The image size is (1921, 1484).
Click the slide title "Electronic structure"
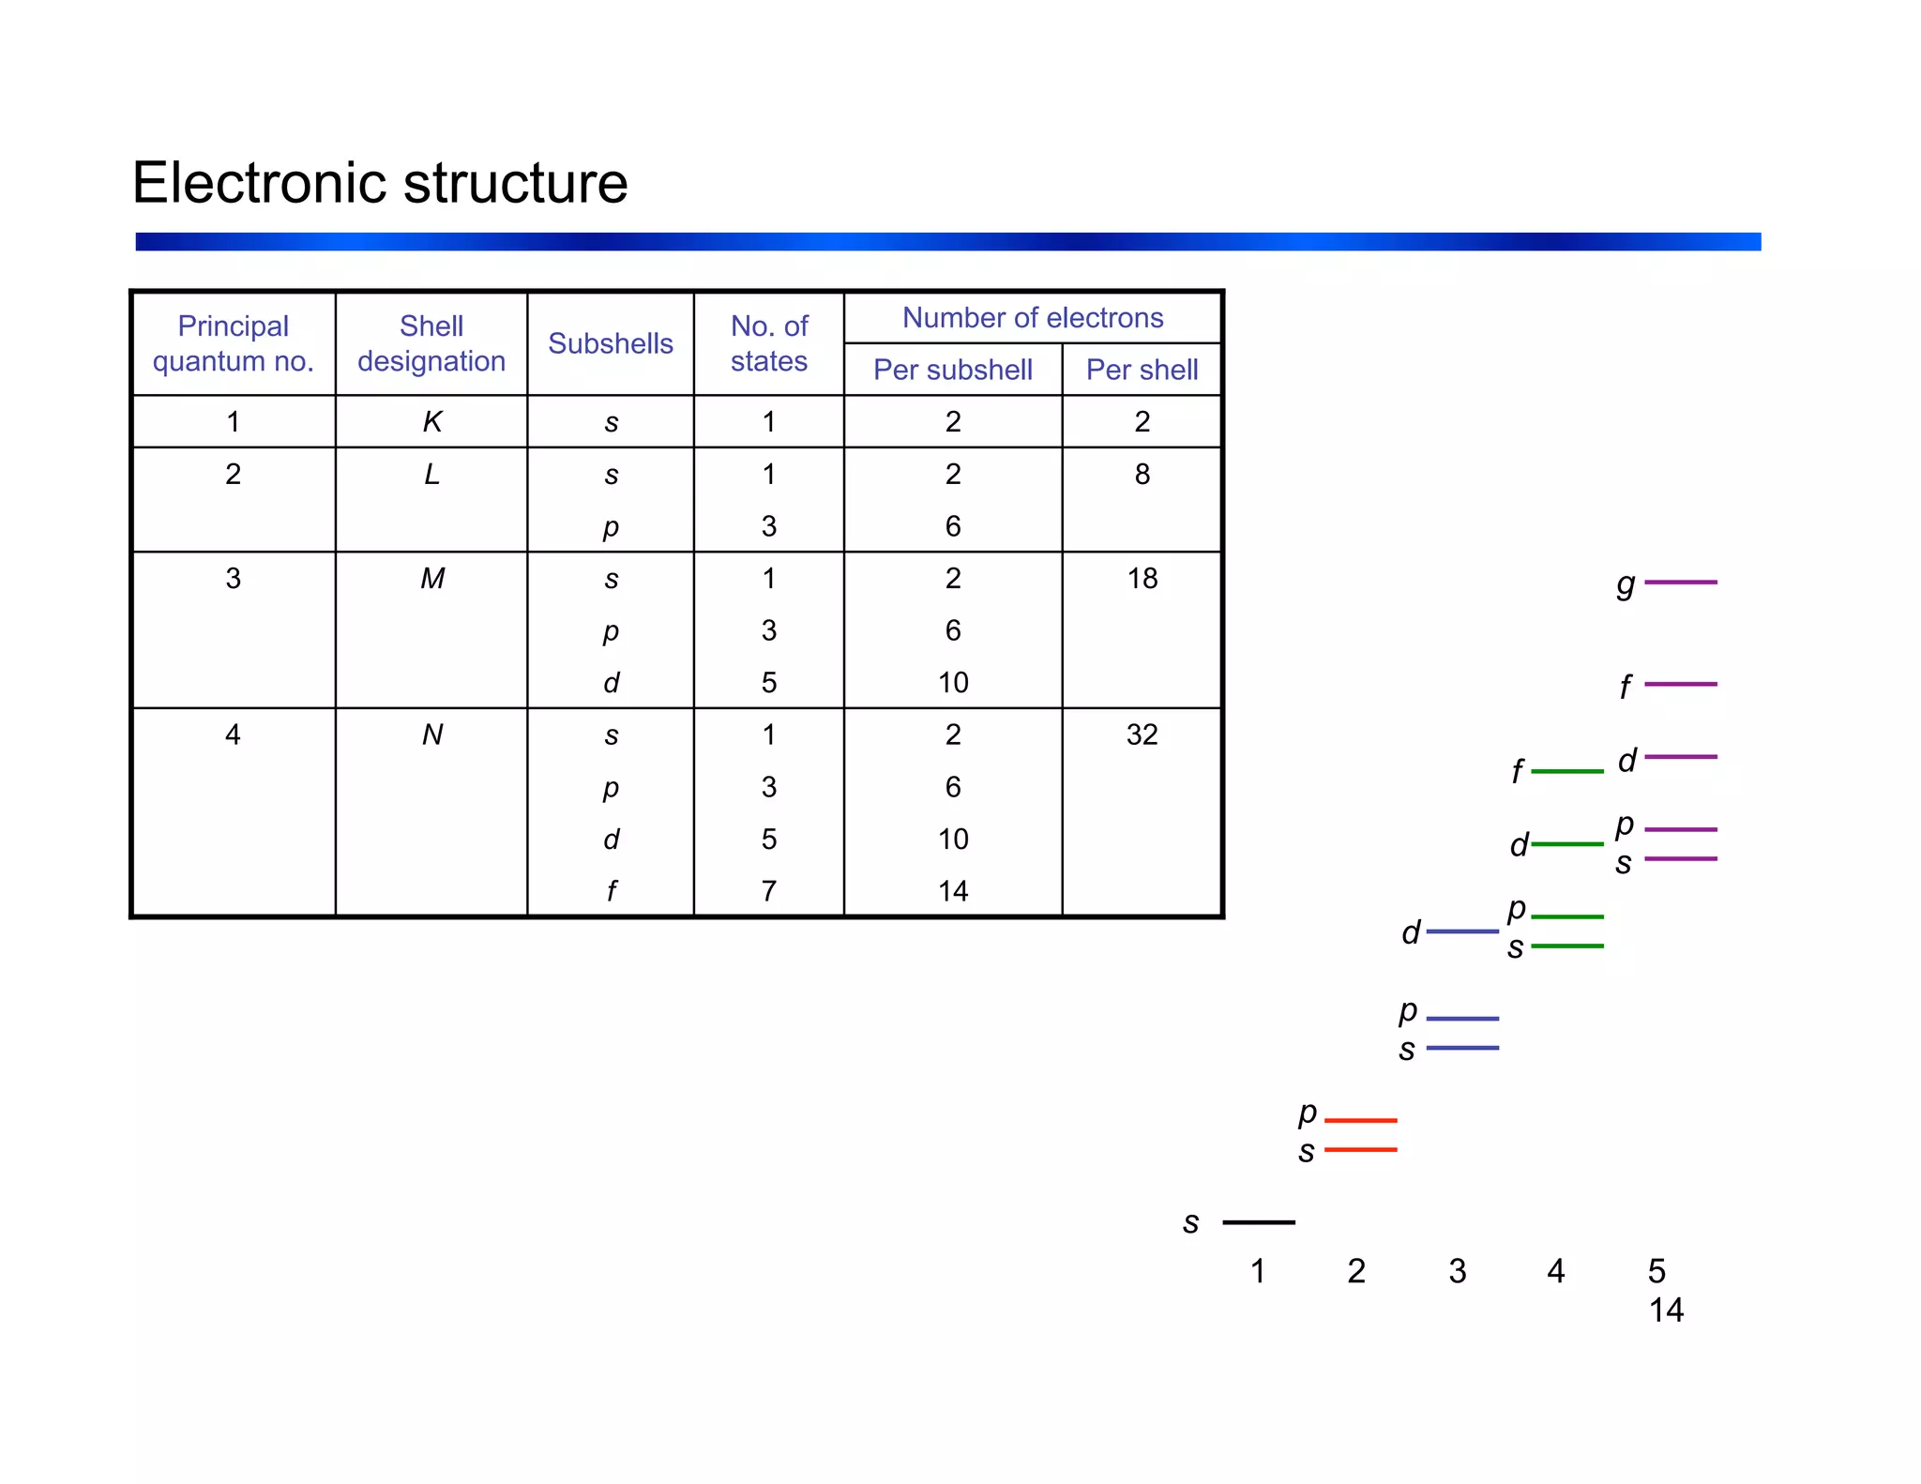[380, 182]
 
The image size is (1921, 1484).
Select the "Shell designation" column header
[431, 343]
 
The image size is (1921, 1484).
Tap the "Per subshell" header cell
[952, 370]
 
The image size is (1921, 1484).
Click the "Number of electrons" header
[1032, 318]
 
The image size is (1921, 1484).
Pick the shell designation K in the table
[431, 422]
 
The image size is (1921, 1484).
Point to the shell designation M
[431, 579]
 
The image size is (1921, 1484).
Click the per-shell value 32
[1142, 734]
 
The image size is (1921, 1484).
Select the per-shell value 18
[1142, 579]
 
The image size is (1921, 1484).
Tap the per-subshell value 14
[952, 891]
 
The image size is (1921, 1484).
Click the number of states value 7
[768, 891]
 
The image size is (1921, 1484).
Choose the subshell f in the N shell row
[611, 891]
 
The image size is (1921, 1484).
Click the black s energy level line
[1259, 1222]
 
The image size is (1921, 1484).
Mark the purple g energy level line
[1680, 583]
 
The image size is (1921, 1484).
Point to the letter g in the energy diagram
[1626, 584]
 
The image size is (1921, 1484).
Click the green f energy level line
[1566, 771]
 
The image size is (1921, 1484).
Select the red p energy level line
[1360, 1120]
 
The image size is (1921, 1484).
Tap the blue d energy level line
[1462, 931]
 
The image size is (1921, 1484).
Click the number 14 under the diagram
[1666, 1310]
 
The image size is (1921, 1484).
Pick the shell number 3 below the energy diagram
[1457, 1271]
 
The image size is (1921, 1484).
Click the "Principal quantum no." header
[234, 343]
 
